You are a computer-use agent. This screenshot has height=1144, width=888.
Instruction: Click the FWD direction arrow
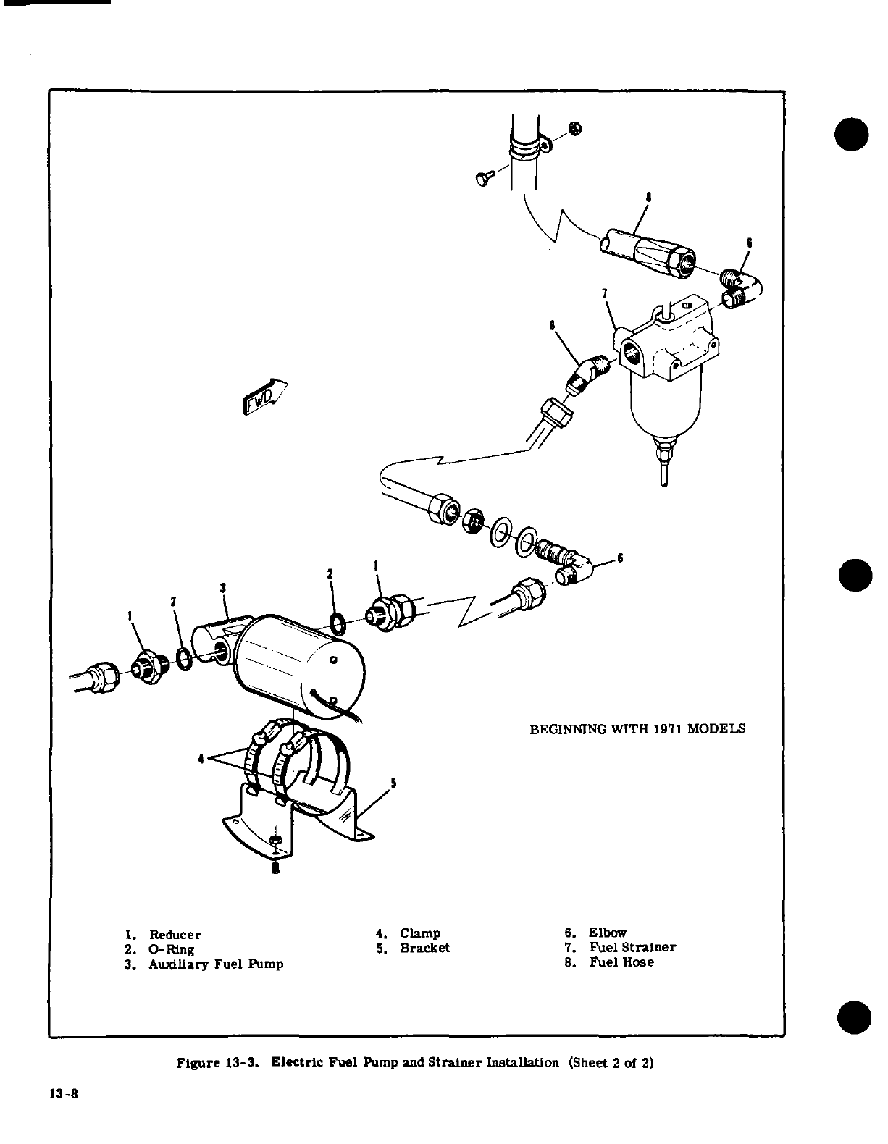pos(263,398)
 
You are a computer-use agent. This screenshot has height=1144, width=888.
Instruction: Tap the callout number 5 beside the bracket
pos(393,781)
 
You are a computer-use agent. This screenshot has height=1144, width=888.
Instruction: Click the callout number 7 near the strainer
pos(605,293)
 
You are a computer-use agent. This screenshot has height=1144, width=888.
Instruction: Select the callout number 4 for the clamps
pos(201,759)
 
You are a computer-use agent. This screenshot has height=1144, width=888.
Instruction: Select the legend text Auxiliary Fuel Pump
pos(216,964)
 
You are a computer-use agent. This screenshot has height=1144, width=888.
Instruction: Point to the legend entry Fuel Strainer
pos(632,947)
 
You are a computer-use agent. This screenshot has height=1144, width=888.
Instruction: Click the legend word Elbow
pos(607,933)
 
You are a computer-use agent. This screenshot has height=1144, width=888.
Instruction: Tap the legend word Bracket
pos(424,948)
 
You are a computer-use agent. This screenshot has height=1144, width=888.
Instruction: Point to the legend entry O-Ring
pos(171,949)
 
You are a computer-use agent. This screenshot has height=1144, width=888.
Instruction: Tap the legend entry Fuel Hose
pos(621,962)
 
